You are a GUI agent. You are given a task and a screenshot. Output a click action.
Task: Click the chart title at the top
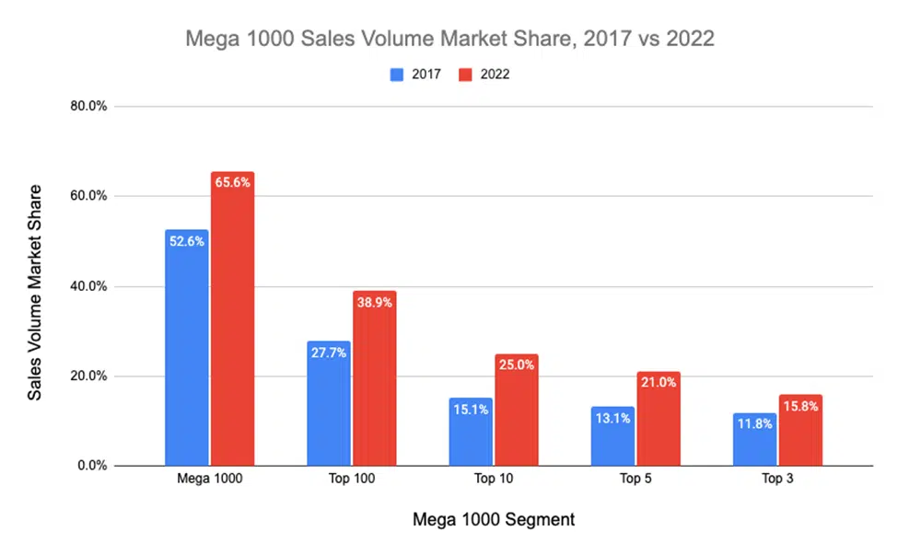pos(449,40)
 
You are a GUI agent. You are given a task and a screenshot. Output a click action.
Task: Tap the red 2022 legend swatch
pos(465,75)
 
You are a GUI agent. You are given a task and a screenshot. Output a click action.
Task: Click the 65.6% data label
pos(232,182)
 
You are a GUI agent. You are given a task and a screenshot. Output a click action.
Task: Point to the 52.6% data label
pos(186,240)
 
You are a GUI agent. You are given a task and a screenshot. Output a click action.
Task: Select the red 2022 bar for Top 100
pos(374,378)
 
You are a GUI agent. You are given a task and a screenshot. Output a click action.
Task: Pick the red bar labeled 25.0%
pos(516,410)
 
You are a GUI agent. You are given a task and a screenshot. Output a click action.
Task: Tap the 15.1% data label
pos(470,410)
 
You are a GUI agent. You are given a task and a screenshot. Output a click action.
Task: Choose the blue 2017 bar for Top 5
pos(612,436)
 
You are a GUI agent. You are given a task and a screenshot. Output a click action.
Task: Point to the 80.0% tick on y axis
pos(89,106)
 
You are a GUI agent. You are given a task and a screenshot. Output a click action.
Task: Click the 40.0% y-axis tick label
pos(89,286)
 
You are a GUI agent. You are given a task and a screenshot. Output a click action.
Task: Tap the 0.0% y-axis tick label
pos(92,466)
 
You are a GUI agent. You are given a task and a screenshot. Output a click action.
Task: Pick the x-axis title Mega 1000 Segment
pos(493,520)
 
